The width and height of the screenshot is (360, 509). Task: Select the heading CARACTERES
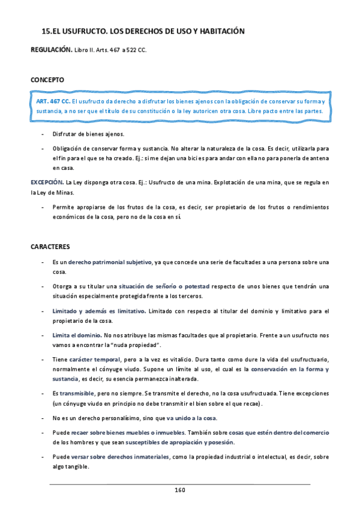[x=50, y=246]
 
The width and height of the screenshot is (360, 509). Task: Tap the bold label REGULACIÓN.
[x=52, y=50]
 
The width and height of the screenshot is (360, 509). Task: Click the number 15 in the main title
[x=46, y=31]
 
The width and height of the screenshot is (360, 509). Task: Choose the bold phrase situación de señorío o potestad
[x=158, y=286]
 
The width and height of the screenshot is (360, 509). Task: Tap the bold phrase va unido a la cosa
[x=192, y=418]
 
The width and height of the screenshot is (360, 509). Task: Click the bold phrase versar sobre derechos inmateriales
[x=119, y=457]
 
